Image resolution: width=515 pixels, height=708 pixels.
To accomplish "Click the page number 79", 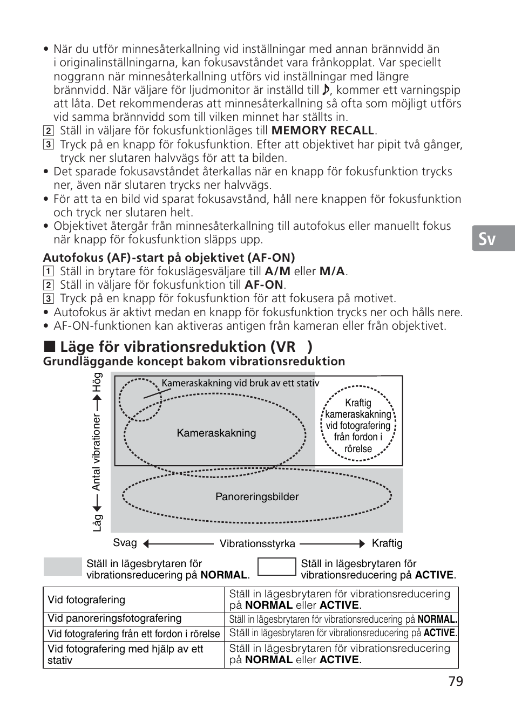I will click(x=455, y=682).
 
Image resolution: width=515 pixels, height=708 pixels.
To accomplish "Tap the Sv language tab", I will click(x=487, y=239).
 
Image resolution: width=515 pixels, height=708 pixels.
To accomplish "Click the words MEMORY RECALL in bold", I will click(x=323, y=131).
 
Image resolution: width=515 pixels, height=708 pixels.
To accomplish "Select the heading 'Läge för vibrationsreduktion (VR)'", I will click(x=186, y=346).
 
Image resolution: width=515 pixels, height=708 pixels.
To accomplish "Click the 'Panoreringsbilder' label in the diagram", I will click(x=257, y=497).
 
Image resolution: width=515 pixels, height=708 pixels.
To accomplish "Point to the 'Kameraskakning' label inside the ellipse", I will click(x=216, y=433).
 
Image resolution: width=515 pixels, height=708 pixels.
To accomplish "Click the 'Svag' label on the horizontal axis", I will click(x=125, y=543).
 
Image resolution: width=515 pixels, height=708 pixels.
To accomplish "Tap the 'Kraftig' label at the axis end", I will click(x=387, y=543).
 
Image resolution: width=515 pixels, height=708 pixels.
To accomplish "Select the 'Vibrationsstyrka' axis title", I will click(x=257, y=544).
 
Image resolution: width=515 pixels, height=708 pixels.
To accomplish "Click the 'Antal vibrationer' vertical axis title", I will click(x=97, y=452).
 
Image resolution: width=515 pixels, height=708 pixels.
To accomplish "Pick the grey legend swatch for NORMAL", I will click(x=62, y=567).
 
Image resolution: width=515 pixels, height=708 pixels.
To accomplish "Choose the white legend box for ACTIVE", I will click(x=277, y=567).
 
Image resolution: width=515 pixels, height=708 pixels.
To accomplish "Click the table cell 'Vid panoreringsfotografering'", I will click(x=114, y=618).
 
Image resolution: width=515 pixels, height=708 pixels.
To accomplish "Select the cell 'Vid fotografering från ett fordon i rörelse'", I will click(x=133, y=634).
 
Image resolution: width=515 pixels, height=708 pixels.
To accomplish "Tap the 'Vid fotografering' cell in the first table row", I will click(x=86, y=600).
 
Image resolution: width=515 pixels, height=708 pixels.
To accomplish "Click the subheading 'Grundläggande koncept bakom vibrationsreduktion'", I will click(x=194, y=362).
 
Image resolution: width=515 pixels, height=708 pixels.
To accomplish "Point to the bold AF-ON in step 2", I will click(x=264, y=285).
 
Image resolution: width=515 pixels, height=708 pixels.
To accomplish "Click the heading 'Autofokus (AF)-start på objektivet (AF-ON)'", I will click(x=169, y=257).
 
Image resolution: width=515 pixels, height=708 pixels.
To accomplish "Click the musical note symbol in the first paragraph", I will click(x=326, y=90).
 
